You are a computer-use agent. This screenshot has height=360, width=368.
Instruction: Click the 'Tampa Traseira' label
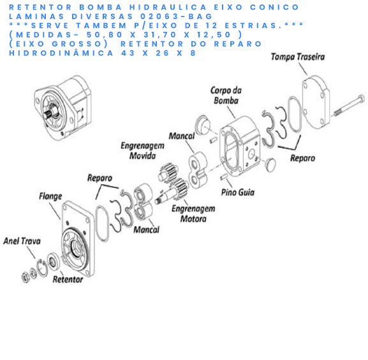[298, 57]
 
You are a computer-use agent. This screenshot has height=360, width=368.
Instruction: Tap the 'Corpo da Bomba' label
[226, 95]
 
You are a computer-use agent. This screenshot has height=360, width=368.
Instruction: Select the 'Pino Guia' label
[238, 192]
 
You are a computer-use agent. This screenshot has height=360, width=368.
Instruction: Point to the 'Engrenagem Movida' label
[142, 150]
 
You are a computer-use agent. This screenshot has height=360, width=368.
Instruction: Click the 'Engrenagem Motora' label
[193, 213]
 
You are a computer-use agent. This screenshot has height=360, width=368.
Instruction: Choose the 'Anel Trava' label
[22, 241]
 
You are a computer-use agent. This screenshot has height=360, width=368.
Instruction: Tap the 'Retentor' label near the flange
[68, 279]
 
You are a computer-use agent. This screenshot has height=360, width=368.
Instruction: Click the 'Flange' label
[50, 196]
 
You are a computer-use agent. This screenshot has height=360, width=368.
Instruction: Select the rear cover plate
[316, 102]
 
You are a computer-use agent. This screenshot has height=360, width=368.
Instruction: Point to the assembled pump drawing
[63, 108]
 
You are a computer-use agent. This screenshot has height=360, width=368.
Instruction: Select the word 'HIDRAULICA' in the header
[168, 7]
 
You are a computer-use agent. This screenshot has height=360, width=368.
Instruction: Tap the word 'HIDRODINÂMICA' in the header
[61, 52]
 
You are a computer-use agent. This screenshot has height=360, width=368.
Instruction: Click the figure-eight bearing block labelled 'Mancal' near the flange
[144, 202]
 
